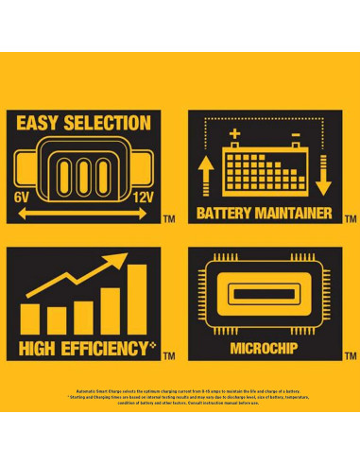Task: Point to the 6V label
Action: (23, 197)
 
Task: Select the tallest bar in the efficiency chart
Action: (138, 298)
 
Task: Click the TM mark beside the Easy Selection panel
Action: (169, 219)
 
